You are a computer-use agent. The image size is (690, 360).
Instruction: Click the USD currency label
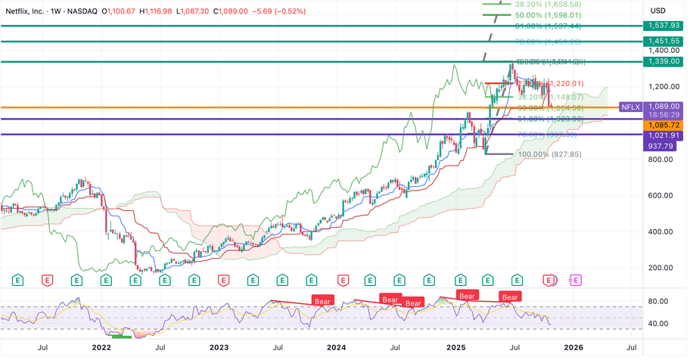[x=658, y=10]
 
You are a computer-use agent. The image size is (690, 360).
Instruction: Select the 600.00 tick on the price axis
[x=660, y=196]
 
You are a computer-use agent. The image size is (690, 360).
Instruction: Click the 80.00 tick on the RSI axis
[x=658, y=302]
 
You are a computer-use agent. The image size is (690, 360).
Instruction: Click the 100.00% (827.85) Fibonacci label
[x=550, y=154]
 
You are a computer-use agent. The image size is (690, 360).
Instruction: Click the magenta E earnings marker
[x=576, y=280]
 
